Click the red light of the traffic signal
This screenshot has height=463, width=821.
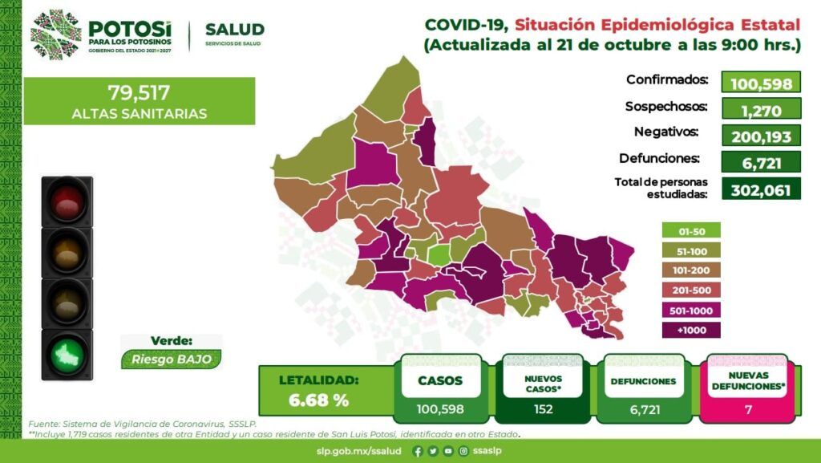(67, 201)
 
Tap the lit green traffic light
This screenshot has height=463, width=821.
(67, 355)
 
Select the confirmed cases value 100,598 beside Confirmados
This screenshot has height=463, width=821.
(761, 83)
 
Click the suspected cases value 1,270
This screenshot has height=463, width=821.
(761, 109)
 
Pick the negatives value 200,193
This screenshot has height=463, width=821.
(761, 136)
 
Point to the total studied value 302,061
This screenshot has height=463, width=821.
(761, 189)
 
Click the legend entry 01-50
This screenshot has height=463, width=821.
(691, 231)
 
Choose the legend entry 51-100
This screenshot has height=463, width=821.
(691, 251)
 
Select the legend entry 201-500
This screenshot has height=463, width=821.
(691, 290)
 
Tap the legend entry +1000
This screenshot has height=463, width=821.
(691, 330)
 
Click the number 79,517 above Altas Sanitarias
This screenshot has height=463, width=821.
(139, 93)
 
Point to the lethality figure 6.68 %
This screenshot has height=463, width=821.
(318, 400)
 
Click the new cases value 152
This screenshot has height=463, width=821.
(544, 409)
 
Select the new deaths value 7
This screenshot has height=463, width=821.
(748, 409)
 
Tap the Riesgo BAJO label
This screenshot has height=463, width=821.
(172, 359)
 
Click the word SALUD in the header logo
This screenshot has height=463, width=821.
(235, 30)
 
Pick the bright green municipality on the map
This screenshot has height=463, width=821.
(439, 254)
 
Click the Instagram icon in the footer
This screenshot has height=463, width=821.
(463, 451)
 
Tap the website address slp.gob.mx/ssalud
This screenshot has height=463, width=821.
(358, 451)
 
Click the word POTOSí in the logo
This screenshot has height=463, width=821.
(129, 28)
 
